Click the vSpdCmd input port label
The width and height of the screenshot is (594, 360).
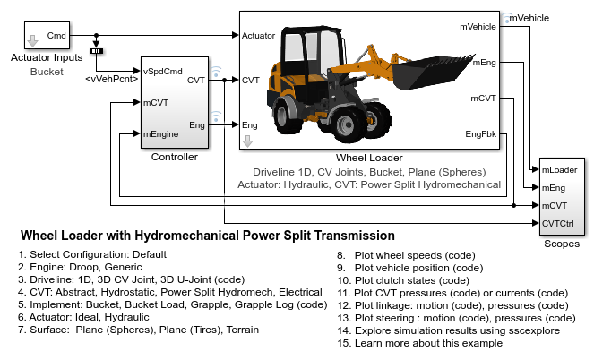pyautogui.click(x=163, y=71)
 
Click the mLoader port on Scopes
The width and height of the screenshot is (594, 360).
pyautogui.click(x=559, y=168)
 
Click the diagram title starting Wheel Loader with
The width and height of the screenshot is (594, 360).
pyautogui.click(x=207, y=236)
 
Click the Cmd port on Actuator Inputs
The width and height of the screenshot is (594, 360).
pyautogui.click(x=56, y=36)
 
